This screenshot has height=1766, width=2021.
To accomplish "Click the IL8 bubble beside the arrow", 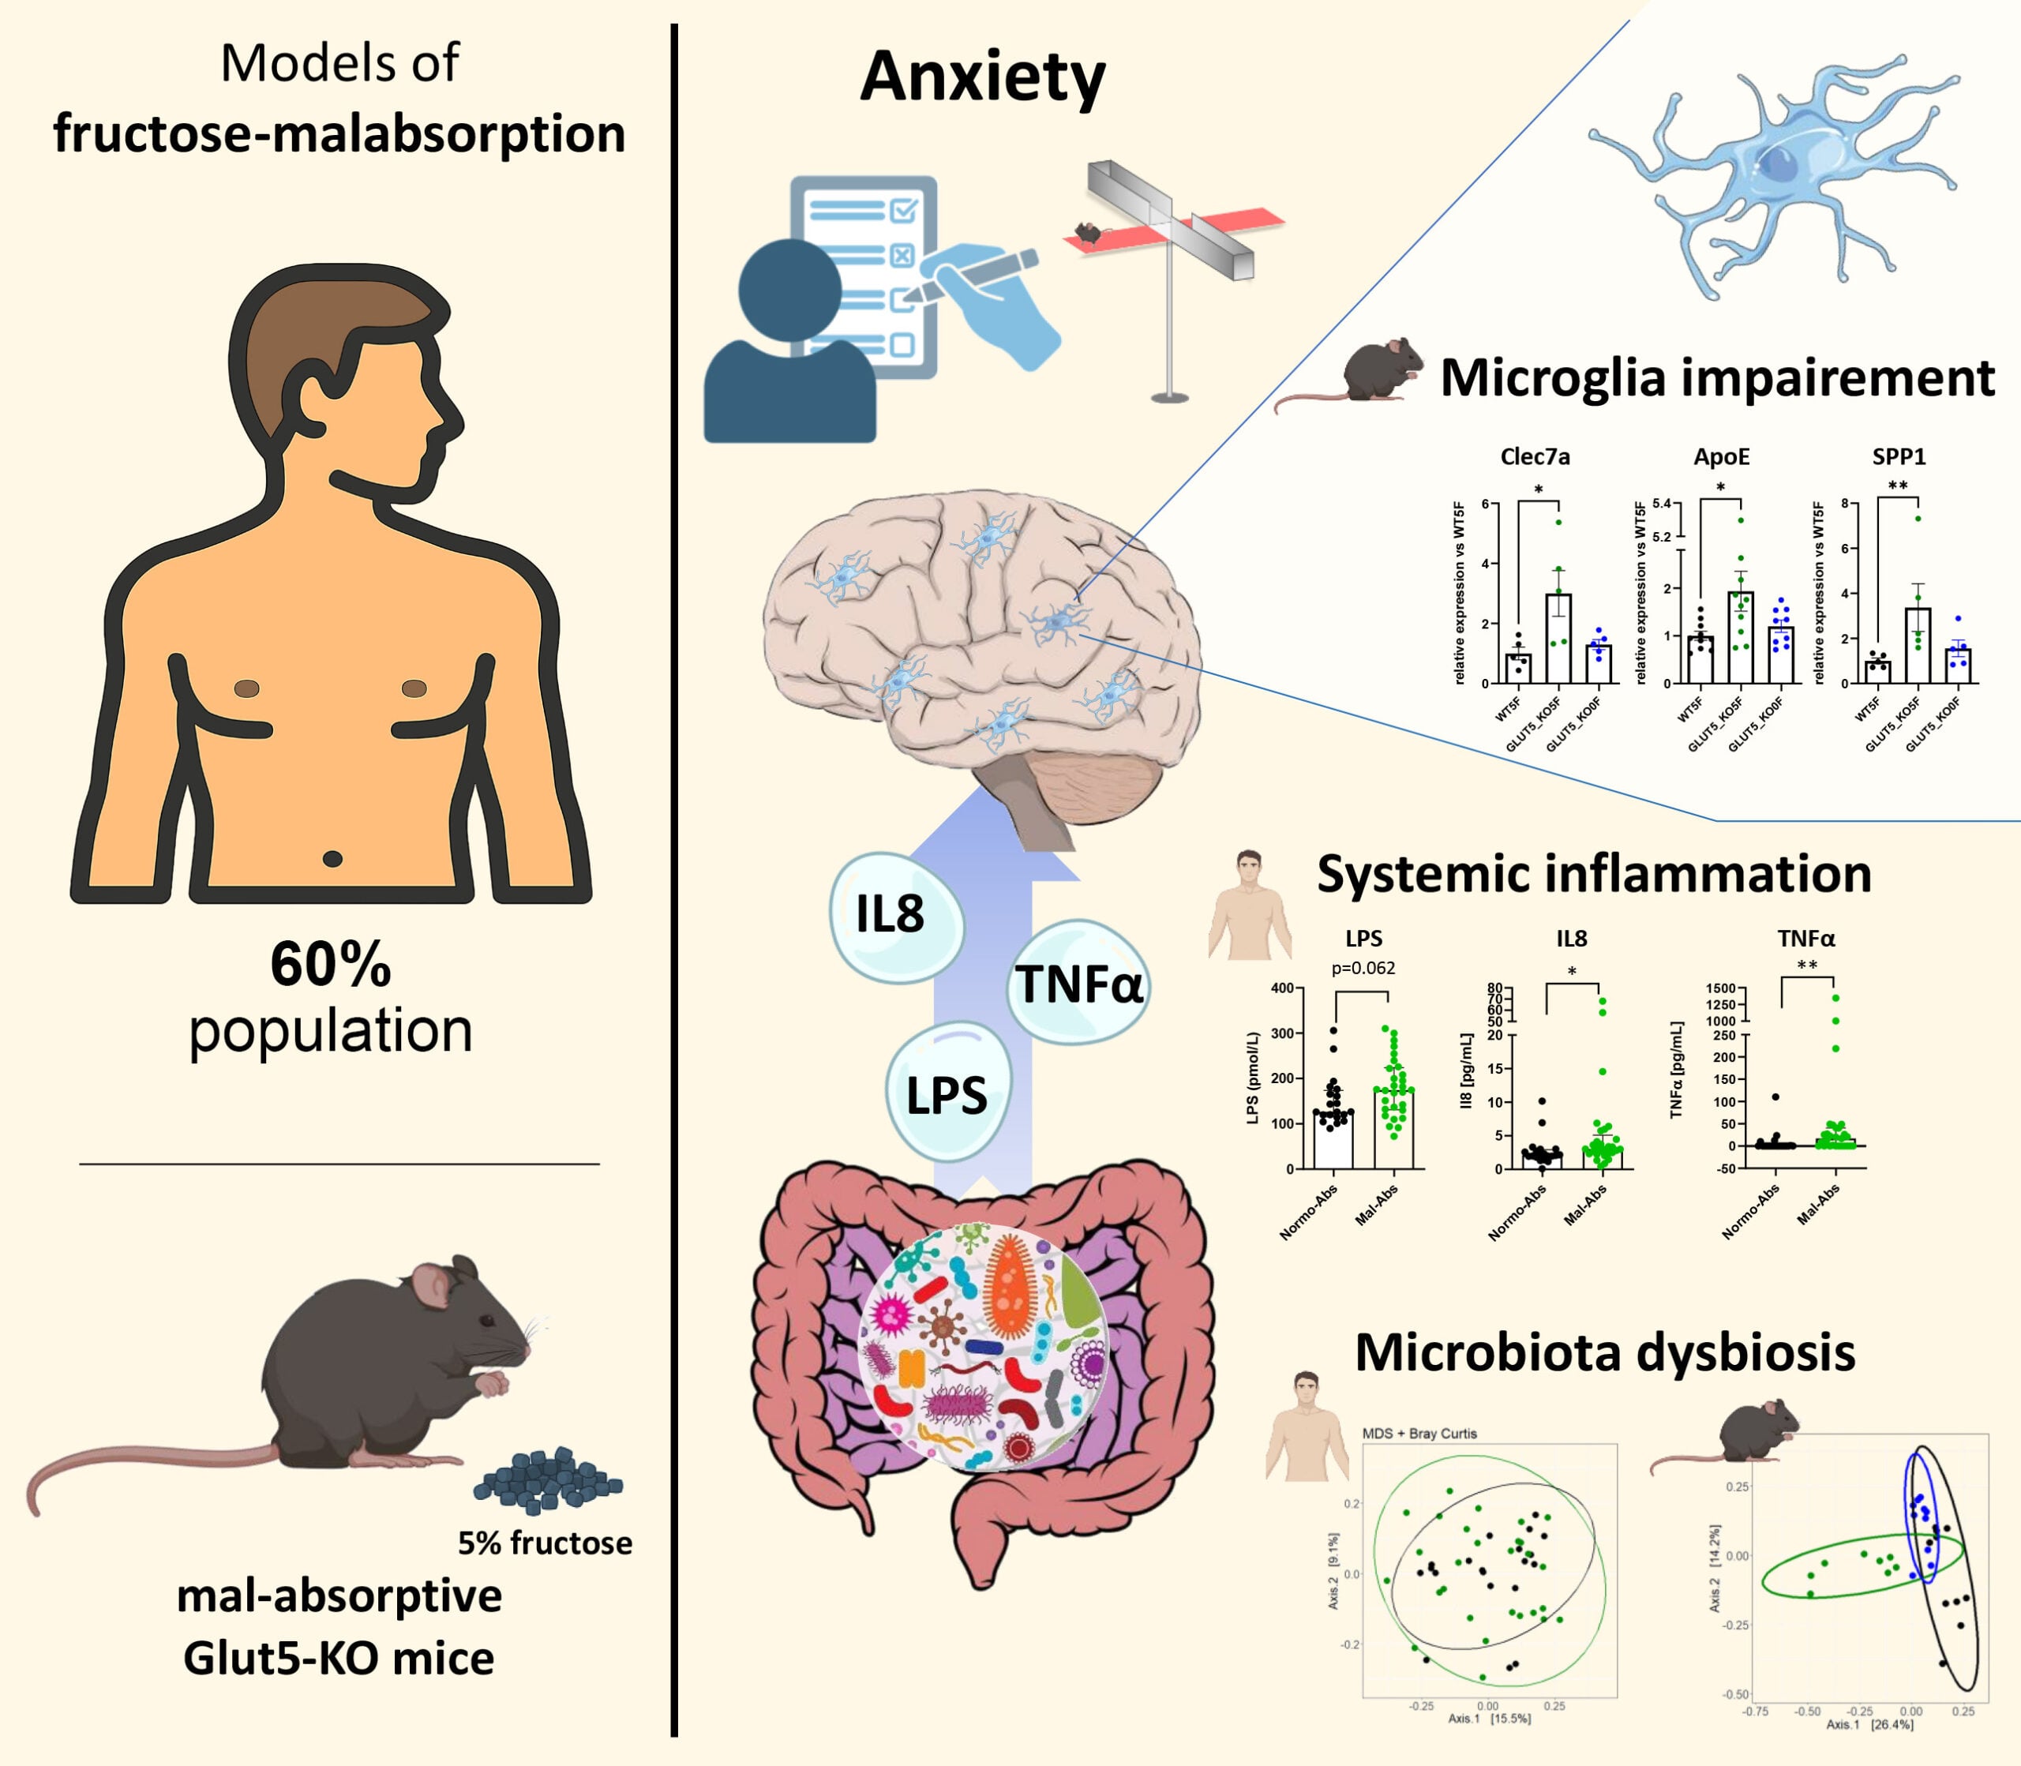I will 893,917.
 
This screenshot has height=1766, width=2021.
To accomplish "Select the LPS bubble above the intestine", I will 947,1094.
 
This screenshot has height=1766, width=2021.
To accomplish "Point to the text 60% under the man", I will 331,965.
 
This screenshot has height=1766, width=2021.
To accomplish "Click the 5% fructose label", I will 545,1543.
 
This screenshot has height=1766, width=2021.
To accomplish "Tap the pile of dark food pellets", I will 548,1478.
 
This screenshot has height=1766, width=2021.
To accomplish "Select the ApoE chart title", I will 1722,456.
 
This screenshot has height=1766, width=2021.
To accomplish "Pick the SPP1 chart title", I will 1899,456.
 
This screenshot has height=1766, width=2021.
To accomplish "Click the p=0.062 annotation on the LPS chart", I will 1363,968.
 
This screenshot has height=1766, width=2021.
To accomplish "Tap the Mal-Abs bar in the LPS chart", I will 1393,1128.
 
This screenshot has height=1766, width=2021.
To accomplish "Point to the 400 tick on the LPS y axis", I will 1282,988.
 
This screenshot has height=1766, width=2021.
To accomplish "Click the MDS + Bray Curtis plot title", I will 1419,1433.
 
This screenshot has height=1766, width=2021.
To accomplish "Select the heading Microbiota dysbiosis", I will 1604,1352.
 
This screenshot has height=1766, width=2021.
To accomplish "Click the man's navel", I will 332,860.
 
